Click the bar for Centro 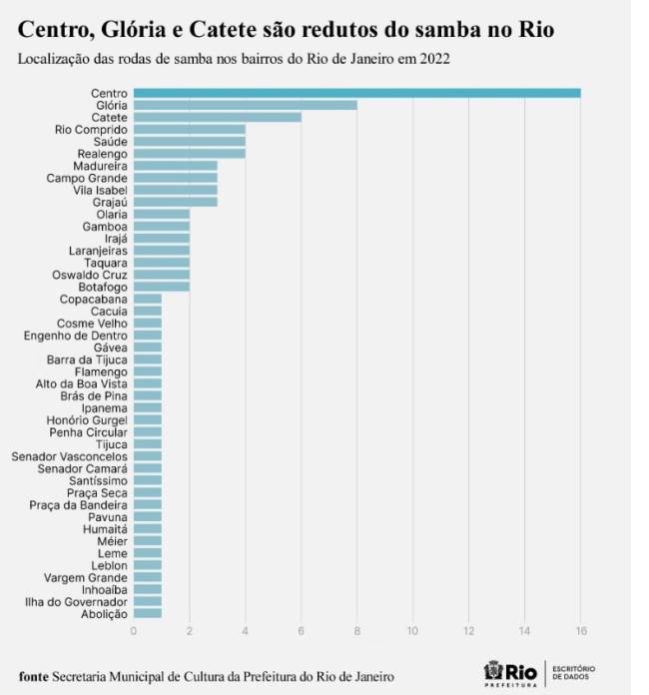[x=356, y=93]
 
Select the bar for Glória [x=245, y=105]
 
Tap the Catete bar [x=217, y=117]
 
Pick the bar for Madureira [x=175, y=166]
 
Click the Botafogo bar [x=161, y=287]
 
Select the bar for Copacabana [x=148, y=299]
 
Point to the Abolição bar [x=148, y=613]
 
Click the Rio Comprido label [x=91, y=130]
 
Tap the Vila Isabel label [x=100, y=190]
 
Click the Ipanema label [x=105, y=407]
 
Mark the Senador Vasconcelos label [x=70, y=456]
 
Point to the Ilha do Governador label [x=76, y=602]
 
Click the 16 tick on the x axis [x=580, y=630]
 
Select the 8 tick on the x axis [x=356, y=630]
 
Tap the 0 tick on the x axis [x=134, y=630]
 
